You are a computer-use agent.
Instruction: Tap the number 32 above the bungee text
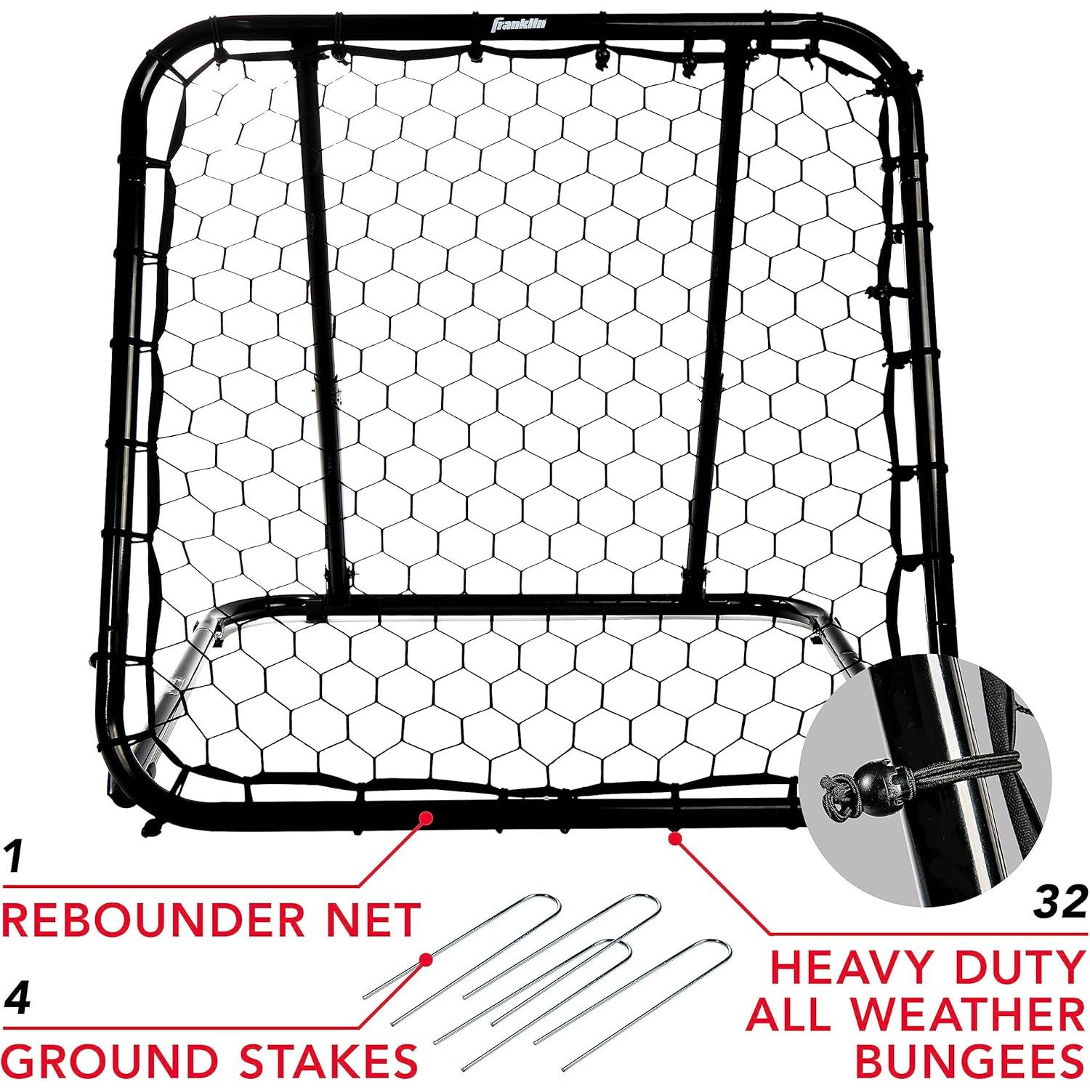[x=1060, y=903]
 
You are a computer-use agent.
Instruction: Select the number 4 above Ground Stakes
[x=17, y=998]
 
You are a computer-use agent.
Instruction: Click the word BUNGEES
[x=969, y=1060]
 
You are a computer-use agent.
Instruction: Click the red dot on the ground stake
[x=426, y=960]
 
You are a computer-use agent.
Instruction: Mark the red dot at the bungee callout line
[x=675, y=838]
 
